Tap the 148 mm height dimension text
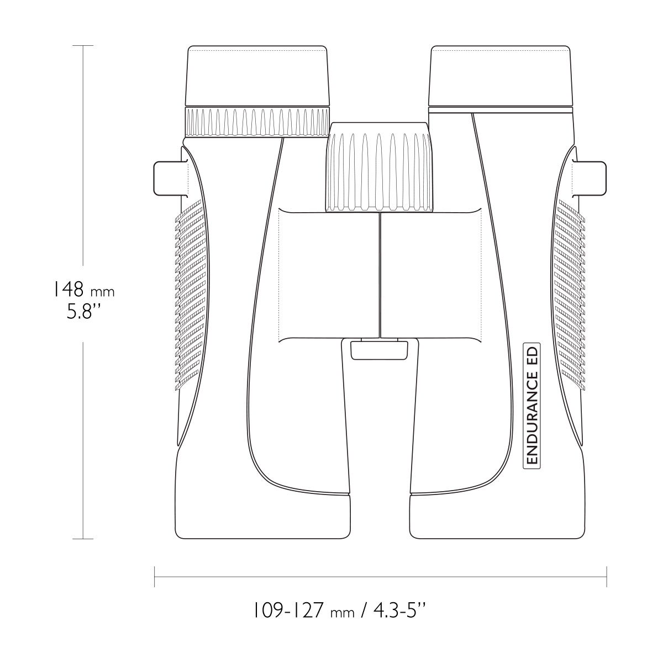pos(83,290)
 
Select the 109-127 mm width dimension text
pos(304,612)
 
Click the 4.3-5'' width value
pos(399,612)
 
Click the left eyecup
pos(257,76)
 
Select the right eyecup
pos(501,76)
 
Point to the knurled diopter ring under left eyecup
pos(257,123)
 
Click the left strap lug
pos(171,178)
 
